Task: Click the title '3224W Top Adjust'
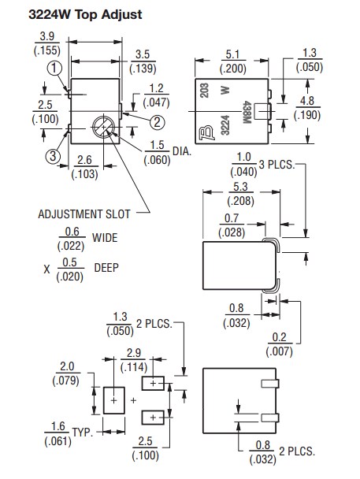coord(85,14)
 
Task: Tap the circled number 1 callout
coord(54,68)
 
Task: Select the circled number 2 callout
coord(158,122)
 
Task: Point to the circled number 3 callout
coord(53,157)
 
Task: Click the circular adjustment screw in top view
coord(104,127)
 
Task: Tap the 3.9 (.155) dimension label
coord(47,43)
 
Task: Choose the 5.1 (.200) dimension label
coord(232,61)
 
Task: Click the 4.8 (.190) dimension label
coord(307,108)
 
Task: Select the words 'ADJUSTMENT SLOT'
coord(84,214)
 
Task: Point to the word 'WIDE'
coord(105,238)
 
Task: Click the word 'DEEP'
coord(106,268)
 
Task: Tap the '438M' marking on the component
coord(247,113)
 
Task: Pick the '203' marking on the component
coord(205,90)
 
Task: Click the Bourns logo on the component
coord(206,133)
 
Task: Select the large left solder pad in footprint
coord(114,400)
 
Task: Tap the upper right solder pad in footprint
coord(153,384)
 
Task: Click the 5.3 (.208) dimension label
coord(240,194)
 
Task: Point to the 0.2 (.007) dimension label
coord(279,344)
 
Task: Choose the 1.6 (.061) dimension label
coord(58,434)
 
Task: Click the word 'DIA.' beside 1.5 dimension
coord(182,151)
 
